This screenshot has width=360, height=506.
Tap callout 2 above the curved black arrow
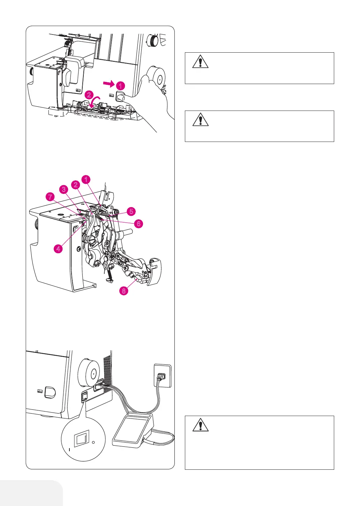(x=90, y=95)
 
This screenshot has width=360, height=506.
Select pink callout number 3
(x=63, y=190)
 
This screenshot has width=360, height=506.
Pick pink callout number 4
(x=58, y=249)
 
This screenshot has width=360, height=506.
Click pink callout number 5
(x=131, y=211)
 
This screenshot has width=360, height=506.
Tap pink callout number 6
(x=139, y=224)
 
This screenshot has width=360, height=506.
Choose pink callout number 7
(x=51, y=197)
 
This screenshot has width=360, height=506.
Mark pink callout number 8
(x=124, y=291)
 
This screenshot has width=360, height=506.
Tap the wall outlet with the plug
(x=162, y=376)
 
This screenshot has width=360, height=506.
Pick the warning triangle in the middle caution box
(x=200, y=120)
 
